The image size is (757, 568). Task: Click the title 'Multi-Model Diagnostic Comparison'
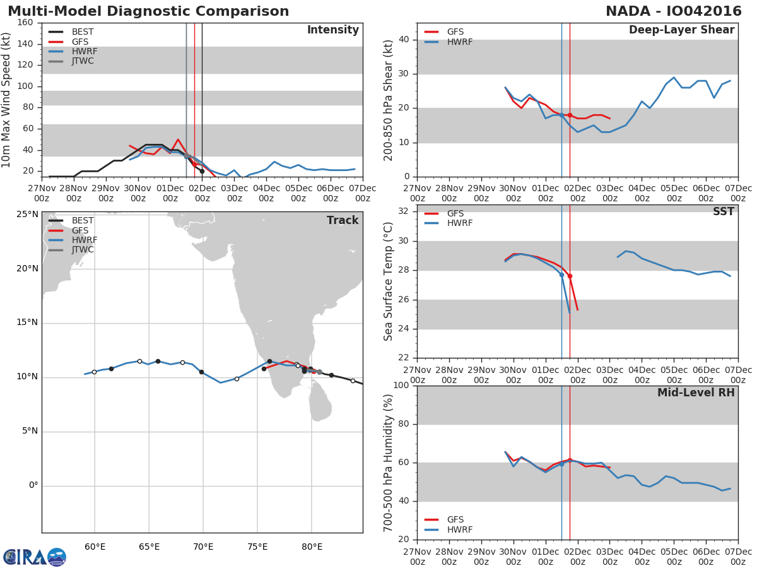[x=148, y=11]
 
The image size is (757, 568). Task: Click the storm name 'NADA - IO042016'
[x=672, y=11]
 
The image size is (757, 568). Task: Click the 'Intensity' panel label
[x=332, y=30]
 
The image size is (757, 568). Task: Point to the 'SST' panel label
[x=723, y=212]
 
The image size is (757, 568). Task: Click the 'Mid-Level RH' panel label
[x=696, y=393]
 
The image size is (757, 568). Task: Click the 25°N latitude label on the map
[x=27, y=215]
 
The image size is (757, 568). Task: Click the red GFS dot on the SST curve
[x=570, y=276]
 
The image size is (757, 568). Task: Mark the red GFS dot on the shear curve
[x=570, y=115]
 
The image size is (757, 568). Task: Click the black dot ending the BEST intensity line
[x=202, y=171]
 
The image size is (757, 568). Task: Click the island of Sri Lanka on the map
[x=320, y=404]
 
